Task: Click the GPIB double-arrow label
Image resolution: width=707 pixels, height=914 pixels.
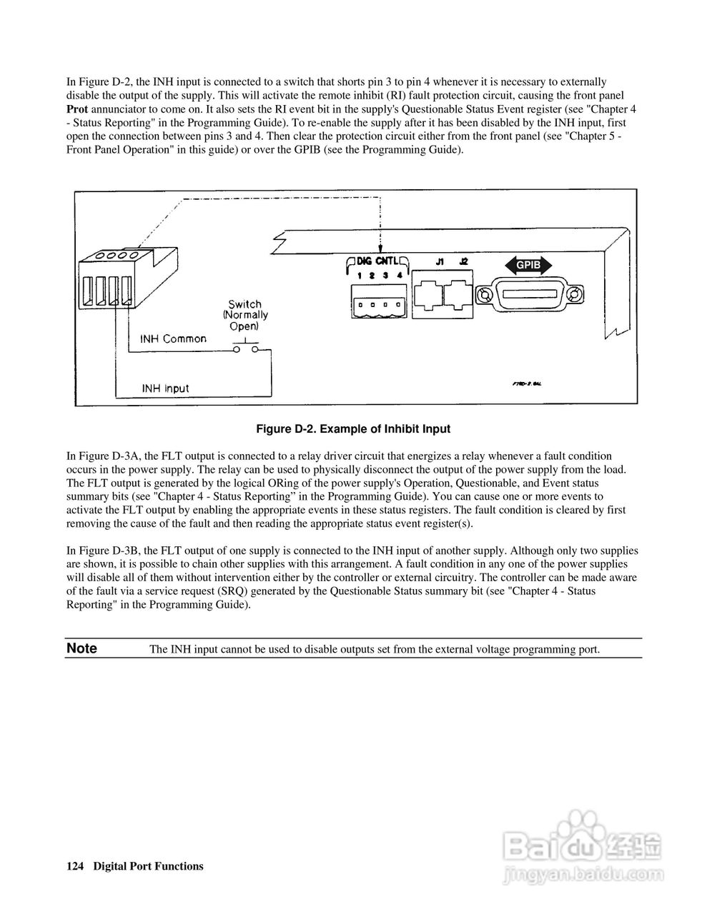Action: click(x=530, y=266)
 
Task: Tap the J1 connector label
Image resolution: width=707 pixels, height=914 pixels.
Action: click(x=440, y=262)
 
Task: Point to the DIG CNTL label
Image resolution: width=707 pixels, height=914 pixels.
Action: click(x=379, y=261)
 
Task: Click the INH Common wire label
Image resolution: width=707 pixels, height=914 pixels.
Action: click(x=174, y=339)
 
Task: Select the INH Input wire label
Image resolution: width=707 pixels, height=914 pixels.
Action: click(x=165, y=388)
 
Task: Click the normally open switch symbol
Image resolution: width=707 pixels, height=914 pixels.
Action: click(x=244, y=349)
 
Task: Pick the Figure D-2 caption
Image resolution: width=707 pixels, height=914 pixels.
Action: click(x=353, y=429)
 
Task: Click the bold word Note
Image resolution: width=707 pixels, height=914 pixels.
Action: click(x=81, y=648)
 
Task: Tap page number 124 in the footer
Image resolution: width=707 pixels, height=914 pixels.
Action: click(x=75, y=866)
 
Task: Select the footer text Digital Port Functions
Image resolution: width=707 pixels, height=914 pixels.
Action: click(x=149, y=866)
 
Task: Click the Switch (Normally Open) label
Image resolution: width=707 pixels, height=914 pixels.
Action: click(x=244, y=315)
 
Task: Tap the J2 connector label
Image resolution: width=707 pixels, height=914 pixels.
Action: click(x=463, y=262)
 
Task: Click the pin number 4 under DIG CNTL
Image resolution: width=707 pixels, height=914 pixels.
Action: click(x=400, y=276)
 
